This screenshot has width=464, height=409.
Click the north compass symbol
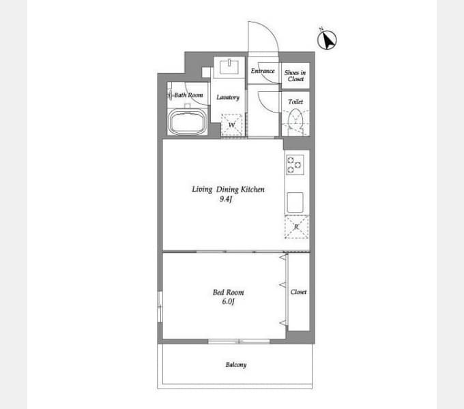(327, 40)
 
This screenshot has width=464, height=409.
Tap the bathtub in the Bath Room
(188, 122)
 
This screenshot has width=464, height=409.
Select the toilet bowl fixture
(295, 121)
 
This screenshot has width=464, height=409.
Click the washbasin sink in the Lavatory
(229, 67)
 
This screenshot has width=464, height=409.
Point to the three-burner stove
(295, 164)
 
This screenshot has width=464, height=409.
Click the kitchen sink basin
(295, 202)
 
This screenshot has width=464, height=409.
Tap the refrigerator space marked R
(297, 227)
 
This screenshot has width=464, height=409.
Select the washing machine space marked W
(232, 125)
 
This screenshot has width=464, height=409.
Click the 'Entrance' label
(263, 71)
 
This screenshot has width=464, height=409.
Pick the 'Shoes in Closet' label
(295, 76)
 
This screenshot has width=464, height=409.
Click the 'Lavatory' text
(228, 97)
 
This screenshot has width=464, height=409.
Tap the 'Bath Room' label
(188, 95)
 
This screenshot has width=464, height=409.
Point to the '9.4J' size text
(226, 199)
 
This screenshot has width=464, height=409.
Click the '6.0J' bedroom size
(228, 301)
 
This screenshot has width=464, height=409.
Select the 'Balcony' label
(236, 365)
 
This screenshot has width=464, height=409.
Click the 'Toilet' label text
(295, 102)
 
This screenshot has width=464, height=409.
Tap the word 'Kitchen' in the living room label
(252, 189)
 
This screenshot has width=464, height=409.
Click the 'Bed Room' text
(228, 292)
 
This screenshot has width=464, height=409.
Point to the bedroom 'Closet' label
(298, 292)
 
